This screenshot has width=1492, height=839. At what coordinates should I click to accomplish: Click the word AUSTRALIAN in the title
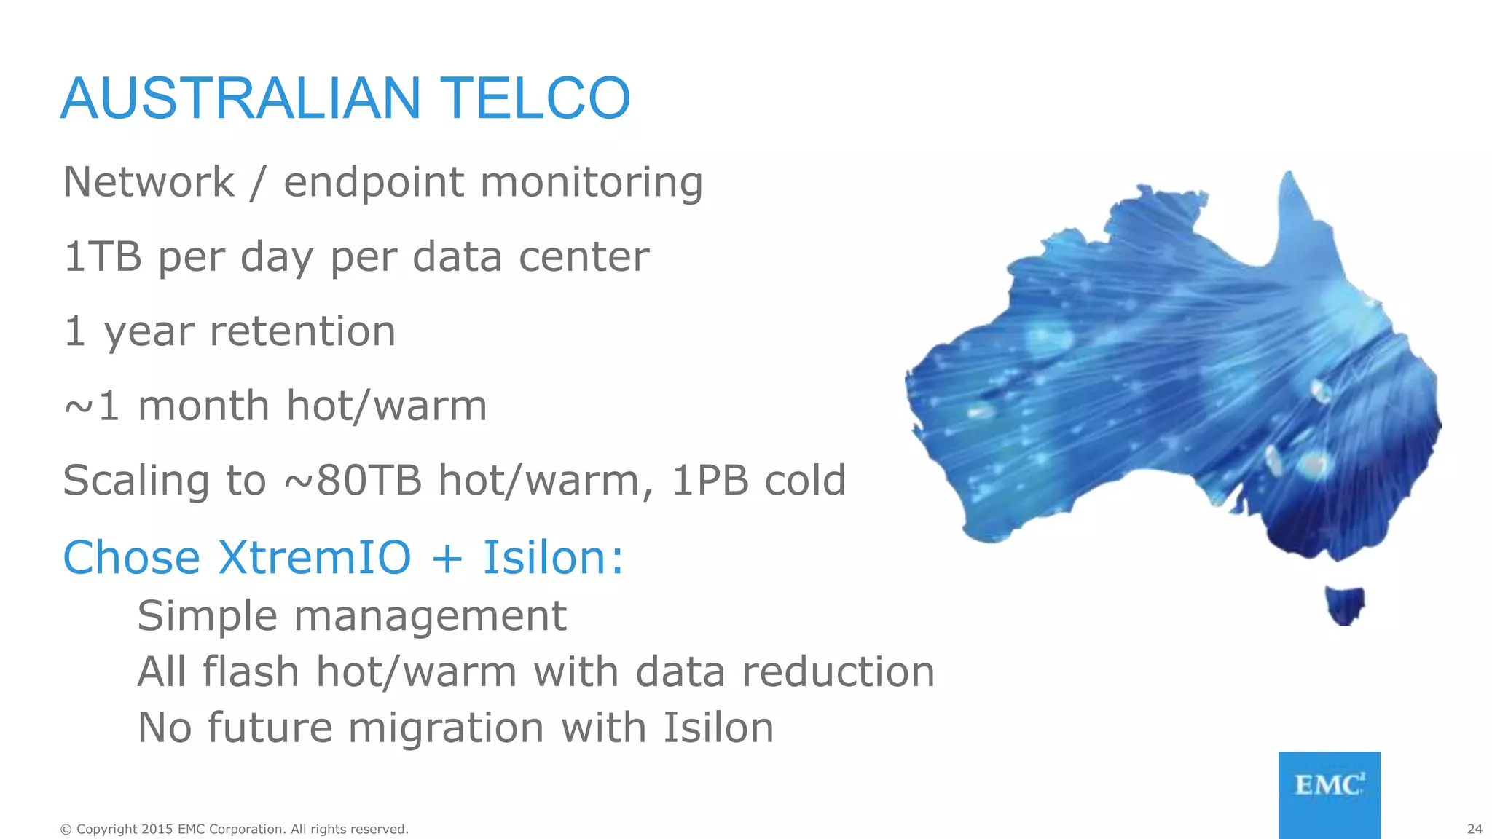(241, 99)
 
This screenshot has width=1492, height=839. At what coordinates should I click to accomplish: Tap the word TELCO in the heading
(535, 99)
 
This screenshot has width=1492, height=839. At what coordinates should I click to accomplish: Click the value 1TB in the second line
(103, 257)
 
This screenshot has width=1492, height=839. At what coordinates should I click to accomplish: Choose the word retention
(302, 332)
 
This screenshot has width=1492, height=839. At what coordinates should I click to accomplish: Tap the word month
(204, 406)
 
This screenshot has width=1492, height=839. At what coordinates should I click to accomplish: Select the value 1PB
(710, 481)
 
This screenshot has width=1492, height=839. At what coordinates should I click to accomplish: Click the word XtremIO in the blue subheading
(315, 559)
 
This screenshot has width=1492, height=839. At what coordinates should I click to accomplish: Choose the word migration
(446, 728)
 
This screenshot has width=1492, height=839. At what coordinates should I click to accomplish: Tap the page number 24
(1474, 829)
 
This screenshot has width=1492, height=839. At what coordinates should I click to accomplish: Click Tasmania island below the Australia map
(1344, 604)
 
